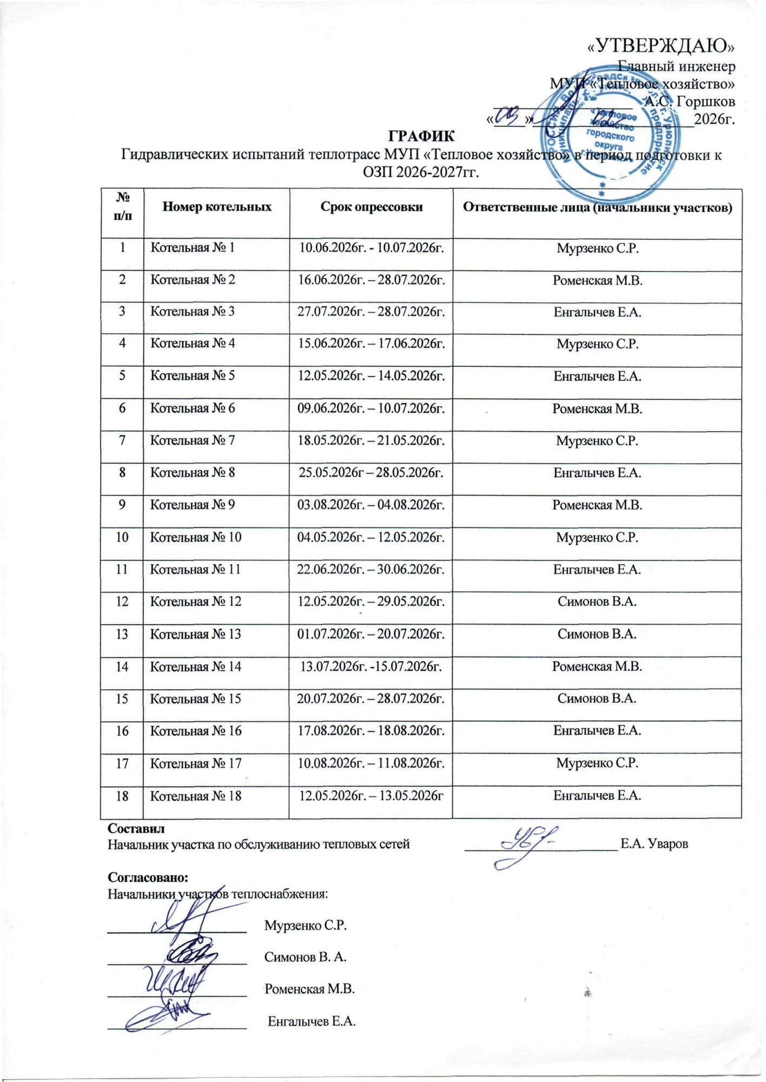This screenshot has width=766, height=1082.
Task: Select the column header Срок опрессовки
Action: [x=371, y=207]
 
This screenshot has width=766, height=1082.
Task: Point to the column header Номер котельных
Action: [x=217, y=207]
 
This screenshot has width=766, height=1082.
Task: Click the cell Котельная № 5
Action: [x=193, y=376]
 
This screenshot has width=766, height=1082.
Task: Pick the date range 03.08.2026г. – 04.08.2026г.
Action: [x=371, y=505]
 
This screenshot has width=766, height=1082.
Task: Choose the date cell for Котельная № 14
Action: [x=371, y=667]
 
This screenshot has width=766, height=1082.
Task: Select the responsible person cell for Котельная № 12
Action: [x=597, y=602]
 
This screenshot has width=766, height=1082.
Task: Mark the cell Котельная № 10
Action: [x=196, y=538]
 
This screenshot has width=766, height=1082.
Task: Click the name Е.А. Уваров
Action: [x=654, y=844]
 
